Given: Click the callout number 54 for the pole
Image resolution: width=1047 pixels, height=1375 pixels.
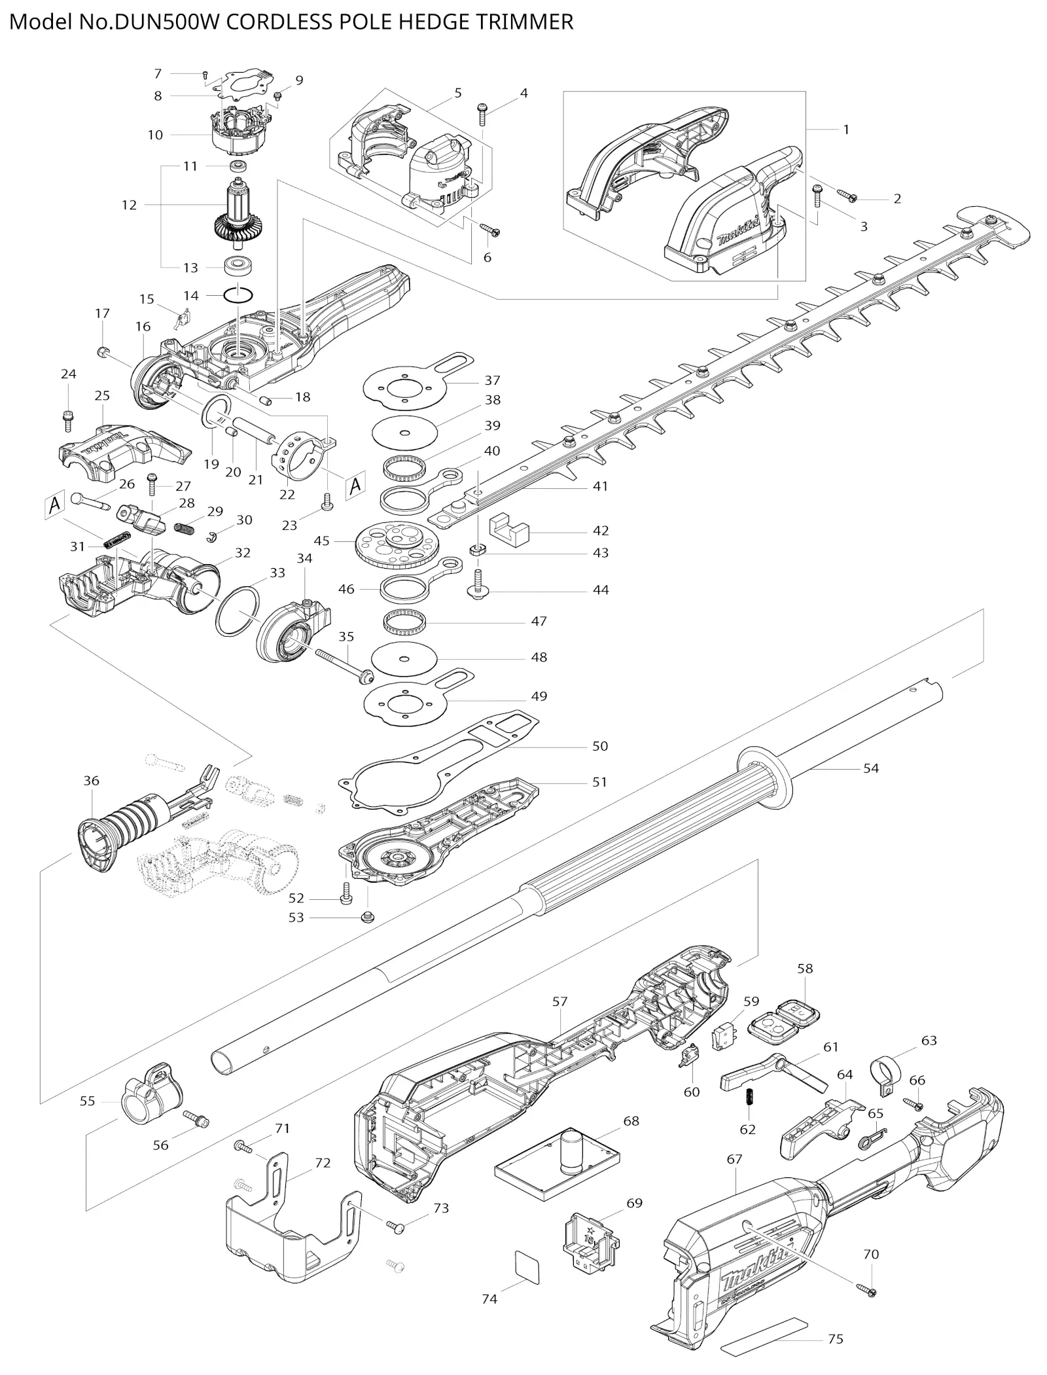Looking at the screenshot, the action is pyautogui.click(x=870, y=768).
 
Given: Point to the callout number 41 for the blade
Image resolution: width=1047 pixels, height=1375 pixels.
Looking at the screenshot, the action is pyautogui.click(x=600, y=486).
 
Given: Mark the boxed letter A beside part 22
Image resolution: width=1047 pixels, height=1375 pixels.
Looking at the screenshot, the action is pyautogui.click(x=355, y=486).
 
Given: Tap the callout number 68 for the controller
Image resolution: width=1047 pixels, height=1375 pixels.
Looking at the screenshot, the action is pyautogui.click(x=631, y=1121).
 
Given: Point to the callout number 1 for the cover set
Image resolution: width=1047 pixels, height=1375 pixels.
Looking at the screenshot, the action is pyautogui.click(x=845, y=130).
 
